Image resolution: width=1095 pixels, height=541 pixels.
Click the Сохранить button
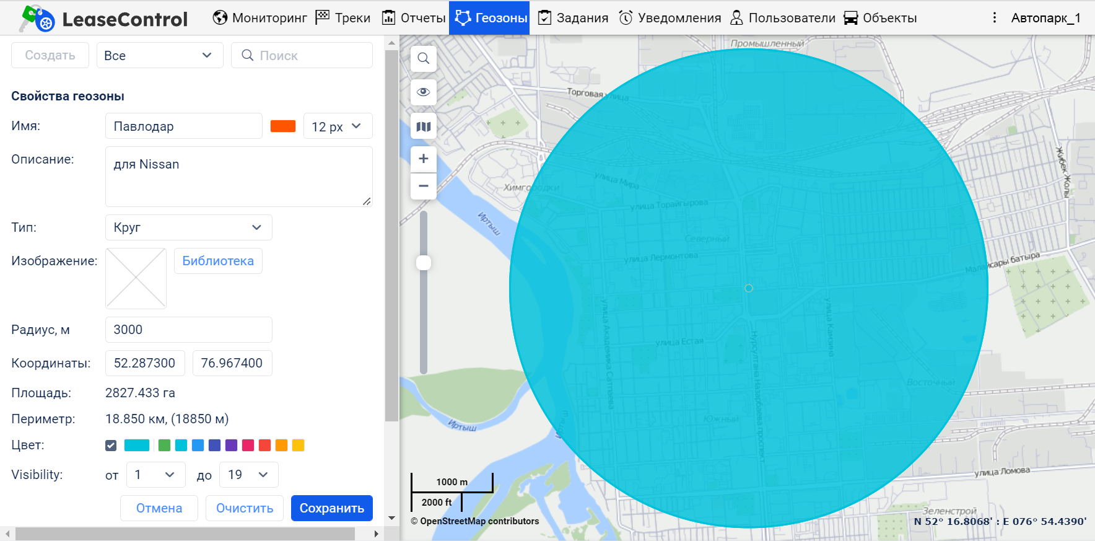pyautogui.click(x=331, y=508)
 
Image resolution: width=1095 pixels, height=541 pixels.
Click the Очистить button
pyautogui.click(x=245, y=508)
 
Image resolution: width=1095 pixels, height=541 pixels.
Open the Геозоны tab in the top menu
pyautogui.click(x=490, y=18)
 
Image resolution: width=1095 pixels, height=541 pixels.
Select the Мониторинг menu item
pyautogui.click(x=260, y=18)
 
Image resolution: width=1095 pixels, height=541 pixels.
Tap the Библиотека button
pyautogui.click(x=218, y=261)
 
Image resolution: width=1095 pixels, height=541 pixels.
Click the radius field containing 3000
pyautogui.click(x=188, y=330)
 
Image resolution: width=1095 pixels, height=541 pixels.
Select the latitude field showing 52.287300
pyautogui.click(x=145, y=363)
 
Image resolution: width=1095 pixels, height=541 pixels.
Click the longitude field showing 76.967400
pyautogui.click(x=232, y=363)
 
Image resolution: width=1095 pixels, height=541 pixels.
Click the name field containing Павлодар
pyautogui.click(x=183, y=126)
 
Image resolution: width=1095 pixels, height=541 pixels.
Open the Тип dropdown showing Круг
pyautogui.click(x=188, y=227)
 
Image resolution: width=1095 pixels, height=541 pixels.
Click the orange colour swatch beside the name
pyautogui.click(x=283, y=126)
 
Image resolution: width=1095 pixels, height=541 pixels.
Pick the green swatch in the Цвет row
pyautogui.click(x=164, y=445)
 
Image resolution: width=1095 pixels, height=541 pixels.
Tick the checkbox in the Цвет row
pyautogui.click(x=111, y=445)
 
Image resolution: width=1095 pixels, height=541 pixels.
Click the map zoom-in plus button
pyautogui.click(x=424, y=159)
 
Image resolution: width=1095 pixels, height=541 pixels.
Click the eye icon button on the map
pyautogui.click(x=424, y=92)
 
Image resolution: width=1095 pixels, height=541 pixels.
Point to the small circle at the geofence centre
pyautogui.click(x=749, y=288)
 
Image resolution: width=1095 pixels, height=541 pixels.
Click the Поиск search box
pyautogui.click(x=302, y=56)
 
